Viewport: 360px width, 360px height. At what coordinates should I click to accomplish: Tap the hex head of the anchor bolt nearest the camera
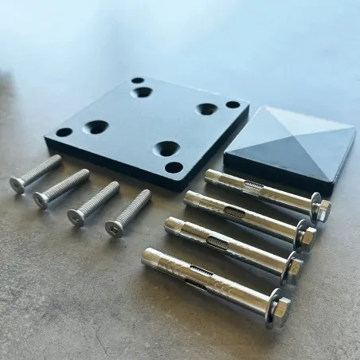pyautogui.click(x=280, y=307)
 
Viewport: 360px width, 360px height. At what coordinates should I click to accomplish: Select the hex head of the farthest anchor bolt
pyautogui.click(x=322, y=209)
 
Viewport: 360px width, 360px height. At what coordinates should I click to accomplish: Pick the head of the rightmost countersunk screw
pyautogui.click(x=114, y=228)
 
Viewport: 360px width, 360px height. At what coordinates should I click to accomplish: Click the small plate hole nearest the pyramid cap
pyautogui.click(x=233, y=104)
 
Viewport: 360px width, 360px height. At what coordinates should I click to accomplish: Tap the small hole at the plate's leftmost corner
pyautogui.click(x=64, y=132)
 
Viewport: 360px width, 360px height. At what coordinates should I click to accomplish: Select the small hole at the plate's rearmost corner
pyautogui.click(x=138, y=80)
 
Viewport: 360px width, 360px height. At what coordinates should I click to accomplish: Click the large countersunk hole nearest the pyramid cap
pyautogui.click(x=207, y=108)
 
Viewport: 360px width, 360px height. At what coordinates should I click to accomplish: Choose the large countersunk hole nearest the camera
pyautogui.click(x=166, y=147)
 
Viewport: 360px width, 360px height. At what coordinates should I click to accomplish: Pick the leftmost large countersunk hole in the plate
pyautogui.click(x=96, y=126)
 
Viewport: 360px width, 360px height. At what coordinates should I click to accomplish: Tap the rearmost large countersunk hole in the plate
pyautogui.click(x=142, y=92)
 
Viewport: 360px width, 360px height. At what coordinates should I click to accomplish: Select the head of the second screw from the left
pyautogui.click(x=41, y=199)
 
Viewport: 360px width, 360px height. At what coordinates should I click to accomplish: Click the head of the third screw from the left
pyautogui.click(x=76, y=217)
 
